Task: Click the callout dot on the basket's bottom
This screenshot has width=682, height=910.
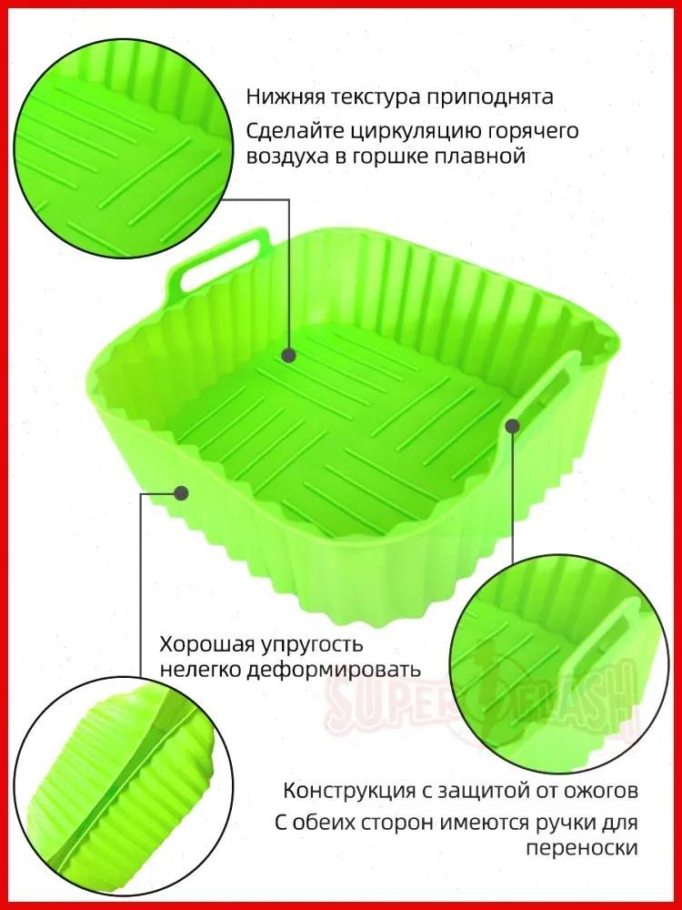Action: [x=290, y=354]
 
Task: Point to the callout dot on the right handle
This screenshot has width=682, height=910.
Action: [x=512, y=424]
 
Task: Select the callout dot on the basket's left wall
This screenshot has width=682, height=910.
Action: [x=181, y=493]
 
